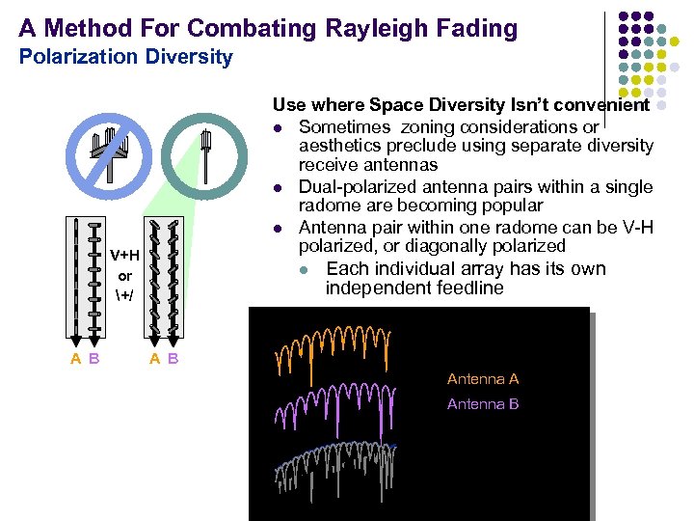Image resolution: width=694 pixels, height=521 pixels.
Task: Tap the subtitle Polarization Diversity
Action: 125,57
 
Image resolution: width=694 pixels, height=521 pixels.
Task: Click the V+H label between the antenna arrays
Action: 124,256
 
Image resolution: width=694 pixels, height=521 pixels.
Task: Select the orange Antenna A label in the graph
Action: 483,379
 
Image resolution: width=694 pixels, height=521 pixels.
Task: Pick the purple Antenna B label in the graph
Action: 483,404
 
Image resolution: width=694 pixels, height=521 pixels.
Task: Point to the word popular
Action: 513,206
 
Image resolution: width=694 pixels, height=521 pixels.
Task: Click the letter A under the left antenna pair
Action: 75,360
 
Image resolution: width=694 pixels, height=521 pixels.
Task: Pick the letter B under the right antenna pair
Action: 173,360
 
